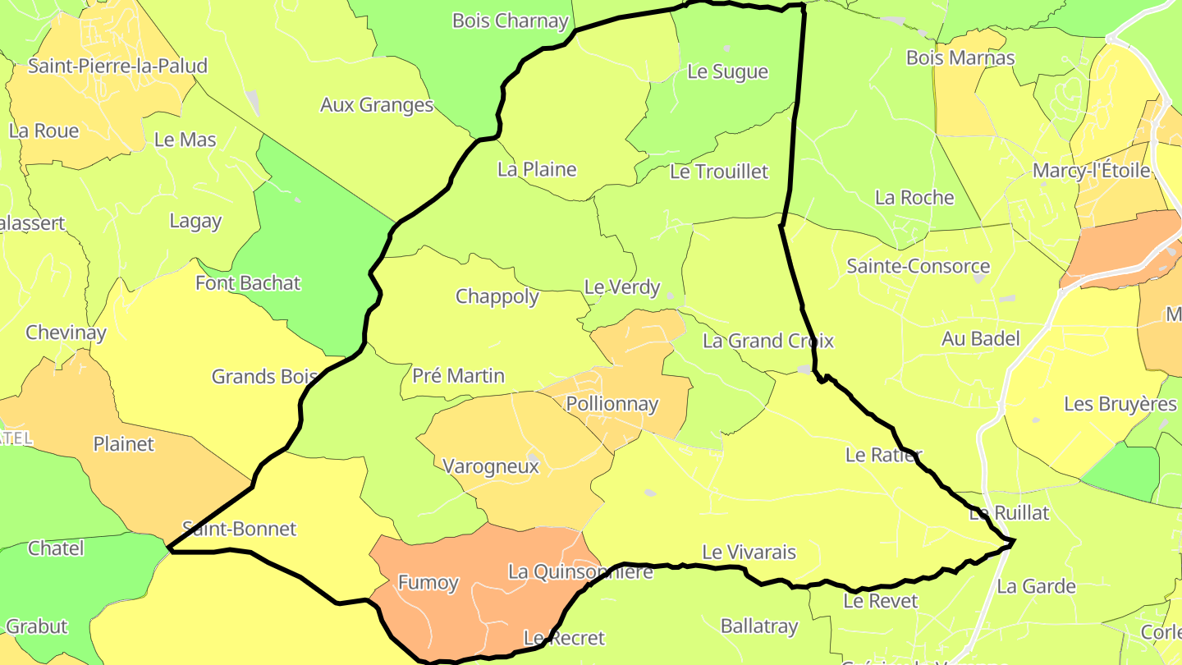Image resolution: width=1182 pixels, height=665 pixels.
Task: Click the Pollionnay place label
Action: [x=612, y=404]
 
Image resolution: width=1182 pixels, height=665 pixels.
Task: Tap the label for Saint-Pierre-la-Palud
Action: [x=117, y=66]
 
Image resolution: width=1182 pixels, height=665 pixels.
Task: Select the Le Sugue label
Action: [x=727, y=71]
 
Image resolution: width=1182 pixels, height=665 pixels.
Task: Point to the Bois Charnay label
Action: [x=511, y=21]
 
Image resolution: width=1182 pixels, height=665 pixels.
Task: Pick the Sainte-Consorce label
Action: [x=918, y=266]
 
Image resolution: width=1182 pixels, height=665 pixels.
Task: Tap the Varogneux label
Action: [x=491, y=466]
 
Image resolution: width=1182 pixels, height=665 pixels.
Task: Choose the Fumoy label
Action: [x=428, y=583]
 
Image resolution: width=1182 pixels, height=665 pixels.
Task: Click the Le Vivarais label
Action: [x=749, y=553]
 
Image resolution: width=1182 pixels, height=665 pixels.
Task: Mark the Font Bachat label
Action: [x=248, y=283]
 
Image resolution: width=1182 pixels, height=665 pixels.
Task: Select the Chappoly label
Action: [x=497, y=296]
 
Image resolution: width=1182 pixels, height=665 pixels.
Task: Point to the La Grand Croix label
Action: [x=767, y=341]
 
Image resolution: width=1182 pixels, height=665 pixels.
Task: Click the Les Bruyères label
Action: [x=1120, y=404]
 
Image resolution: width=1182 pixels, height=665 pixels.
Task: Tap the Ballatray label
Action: [x=758, y=626]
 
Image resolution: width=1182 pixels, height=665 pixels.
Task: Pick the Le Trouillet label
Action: [x=719, y=172]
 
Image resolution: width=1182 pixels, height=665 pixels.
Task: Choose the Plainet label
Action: [x=123, y=444]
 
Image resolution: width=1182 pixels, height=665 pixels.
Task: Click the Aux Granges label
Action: [x=377, y=105]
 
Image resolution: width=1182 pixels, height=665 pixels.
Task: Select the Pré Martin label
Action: [x=458, y=376]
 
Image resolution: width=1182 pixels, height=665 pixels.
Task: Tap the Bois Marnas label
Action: [x=960, y=57]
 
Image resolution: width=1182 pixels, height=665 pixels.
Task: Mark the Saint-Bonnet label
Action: [x=239, y=529]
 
